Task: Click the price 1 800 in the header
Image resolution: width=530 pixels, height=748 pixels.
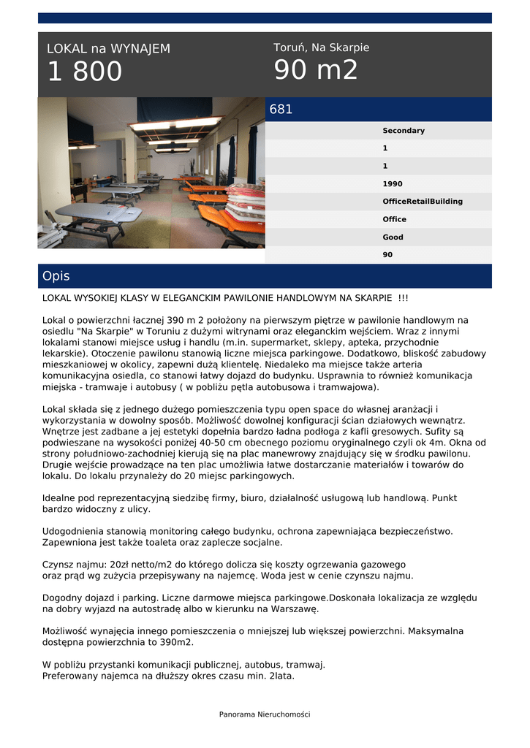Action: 85,72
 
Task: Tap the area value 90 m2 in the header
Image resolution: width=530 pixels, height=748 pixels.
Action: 316,70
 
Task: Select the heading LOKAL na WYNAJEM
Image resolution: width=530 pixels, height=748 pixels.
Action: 108,49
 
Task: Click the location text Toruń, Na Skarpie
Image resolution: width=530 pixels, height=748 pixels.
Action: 321,47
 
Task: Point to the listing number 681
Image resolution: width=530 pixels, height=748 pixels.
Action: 281,110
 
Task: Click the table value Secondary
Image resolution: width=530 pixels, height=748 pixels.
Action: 403,131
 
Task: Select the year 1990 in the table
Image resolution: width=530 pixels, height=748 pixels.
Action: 393,184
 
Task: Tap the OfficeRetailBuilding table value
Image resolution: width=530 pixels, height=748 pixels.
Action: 422,202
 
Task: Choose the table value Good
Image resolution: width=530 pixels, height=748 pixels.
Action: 393,237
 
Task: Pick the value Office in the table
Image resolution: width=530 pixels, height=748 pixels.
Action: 394,219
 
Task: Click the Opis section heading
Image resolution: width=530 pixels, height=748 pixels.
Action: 56,276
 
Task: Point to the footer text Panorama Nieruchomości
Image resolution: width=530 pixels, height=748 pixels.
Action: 265,714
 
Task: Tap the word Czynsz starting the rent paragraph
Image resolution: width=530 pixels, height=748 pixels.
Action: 58,565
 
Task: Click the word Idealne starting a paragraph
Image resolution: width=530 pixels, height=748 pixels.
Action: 60,498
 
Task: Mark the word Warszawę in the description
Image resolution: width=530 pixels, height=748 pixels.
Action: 295,608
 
